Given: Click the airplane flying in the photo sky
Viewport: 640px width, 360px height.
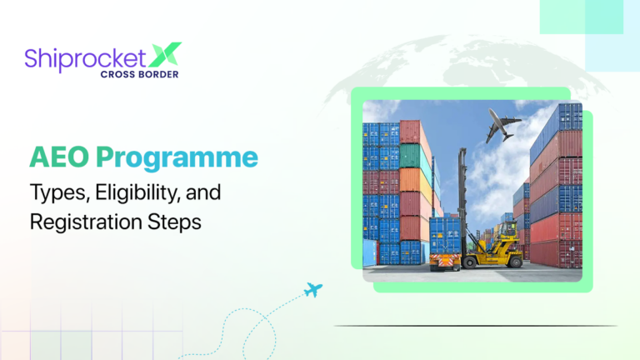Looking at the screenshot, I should [x=502, y=125].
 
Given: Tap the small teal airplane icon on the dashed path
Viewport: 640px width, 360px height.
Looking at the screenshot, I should [x=313, y=290].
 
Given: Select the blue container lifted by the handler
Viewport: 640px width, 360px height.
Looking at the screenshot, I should [x=445, y=234].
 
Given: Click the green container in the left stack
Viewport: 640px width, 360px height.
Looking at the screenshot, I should [x=410, y=156].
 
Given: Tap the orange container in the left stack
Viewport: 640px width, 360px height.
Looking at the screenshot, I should [x=410, y=180].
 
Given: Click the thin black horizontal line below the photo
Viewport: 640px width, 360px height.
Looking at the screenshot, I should [x=475, y=326].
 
